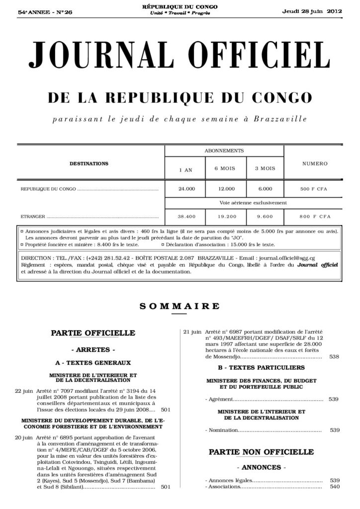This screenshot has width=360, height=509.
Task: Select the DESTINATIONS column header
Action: click(x=89, y=163)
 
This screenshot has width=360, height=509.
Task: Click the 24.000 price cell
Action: click(x=186, y=189)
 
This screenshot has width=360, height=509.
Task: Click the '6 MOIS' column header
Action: click(x=224, y=169)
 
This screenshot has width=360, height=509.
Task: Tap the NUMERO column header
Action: click(x=315, y=163)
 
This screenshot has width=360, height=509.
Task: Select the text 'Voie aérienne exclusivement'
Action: click(x=248, y=203)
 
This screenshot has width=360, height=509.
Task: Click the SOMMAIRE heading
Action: click(x=180, y=306)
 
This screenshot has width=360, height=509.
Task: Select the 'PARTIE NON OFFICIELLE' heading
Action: click(x=261, y=452)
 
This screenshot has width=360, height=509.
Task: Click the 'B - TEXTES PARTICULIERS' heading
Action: click(x=261, y=368)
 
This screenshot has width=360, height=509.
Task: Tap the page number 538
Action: click(x=334, y=356)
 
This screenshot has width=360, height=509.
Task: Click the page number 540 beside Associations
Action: click(x=334, y=487)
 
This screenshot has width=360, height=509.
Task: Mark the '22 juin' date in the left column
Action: click(x=24, y=390)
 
